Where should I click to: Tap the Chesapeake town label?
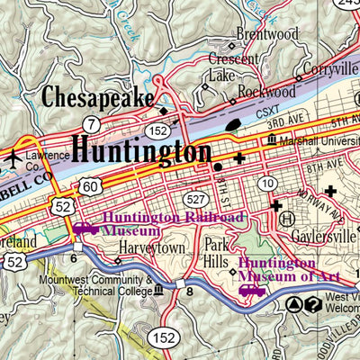point(98,97)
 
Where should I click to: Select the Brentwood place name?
point(266,34)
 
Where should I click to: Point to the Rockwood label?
point(268,91)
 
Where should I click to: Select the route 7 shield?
point(92,121)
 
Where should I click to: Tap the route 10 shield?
point(267,184)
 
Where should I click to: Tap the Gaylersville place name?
point(324,236)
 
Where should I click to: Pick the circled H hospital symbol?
point(287,219)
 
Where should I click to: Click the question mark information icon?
point(312,305)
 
